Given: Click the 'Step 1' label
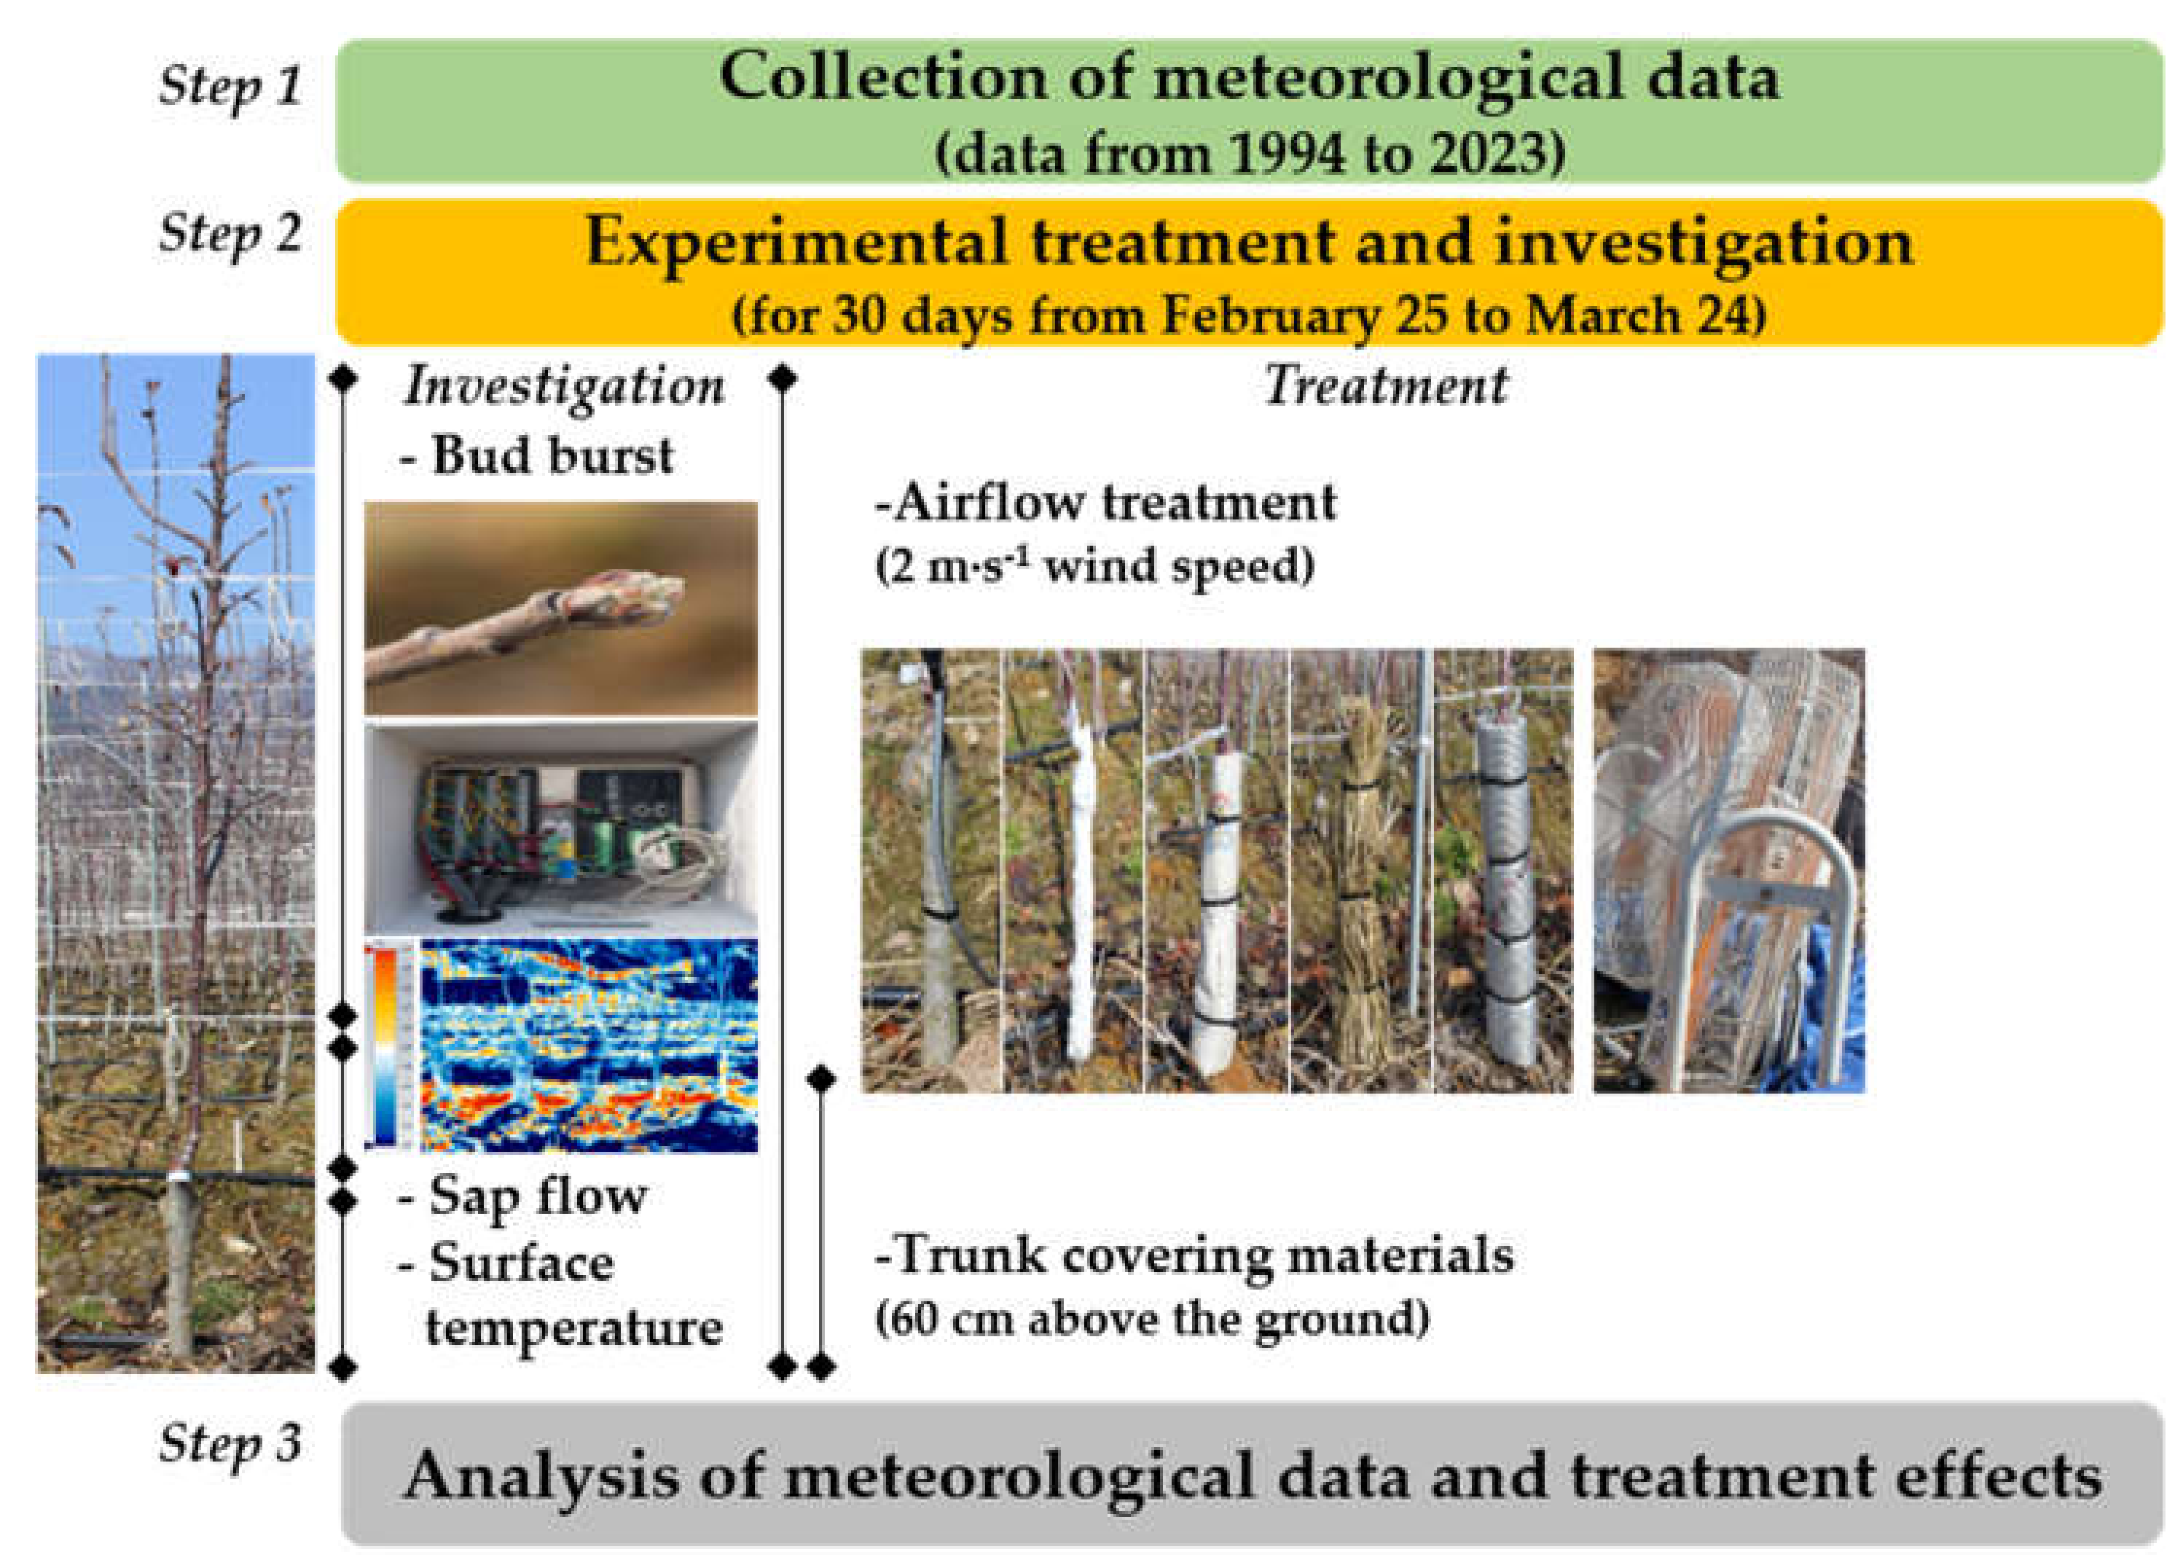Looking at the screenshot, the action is (x=230, y=87).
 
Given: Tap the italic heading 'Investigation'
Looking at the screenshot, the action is (x=565, y=388).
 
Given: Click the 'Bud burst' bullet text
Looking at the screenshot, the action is (x=536, y=455).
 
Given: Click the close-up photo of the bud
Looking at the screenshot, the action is (x=560, y=608).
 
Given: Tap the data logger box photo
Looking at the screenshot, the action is (x=560, y=827).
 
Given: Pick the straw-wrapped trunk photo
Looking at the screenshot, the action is (x=1360, y=871).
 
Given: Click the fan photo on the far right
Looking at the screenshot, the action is (x=1728, y=871).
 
